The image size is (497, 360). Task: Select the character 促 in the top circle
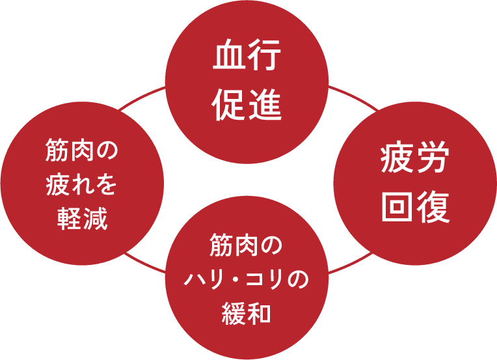coord(229,105)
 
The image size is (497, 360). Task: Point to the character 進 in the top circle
coord(265,105)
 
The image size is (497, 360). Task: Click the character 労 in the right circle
coord(433,158)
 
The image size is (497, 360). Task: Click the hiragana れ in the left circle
coord(82,184)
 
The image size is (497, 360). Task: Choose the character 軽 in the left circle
coord(70,218)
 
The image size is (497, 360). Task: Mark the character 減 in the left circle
coord(94,218)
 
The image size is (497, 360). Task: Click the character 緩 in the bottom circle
coord(234,313)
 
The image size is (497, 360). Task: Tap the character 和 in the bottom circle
coord(259,313)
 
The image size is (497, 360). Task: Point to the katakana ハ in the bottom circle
coord(195,280)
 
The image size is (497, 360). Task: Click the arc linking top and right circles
coord(355,96)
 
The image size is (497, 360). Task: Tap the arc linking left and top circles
coord(141,97)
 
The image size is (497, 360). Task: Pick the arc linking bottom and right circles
coord(350,263)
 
